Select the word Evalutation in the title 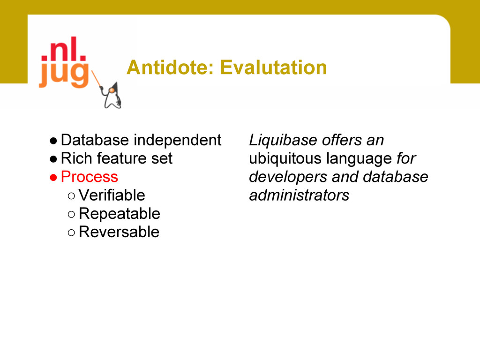(274, 67)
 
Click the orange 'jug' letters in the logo (64, 75)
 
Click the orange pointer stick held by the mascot (97, 79)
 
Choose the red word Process (90, 177)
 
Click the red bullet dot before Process (53, 178)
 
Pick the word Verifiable (112, 195)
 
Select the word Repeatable (120, 214)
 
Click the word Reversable (119, 232)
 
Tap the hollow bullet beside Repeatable (71, 214)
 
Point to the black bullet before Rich (53, 159)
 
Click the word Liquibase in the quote (283, 141)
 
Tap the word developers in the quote (288, 177)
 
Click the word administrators (299, 195)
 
